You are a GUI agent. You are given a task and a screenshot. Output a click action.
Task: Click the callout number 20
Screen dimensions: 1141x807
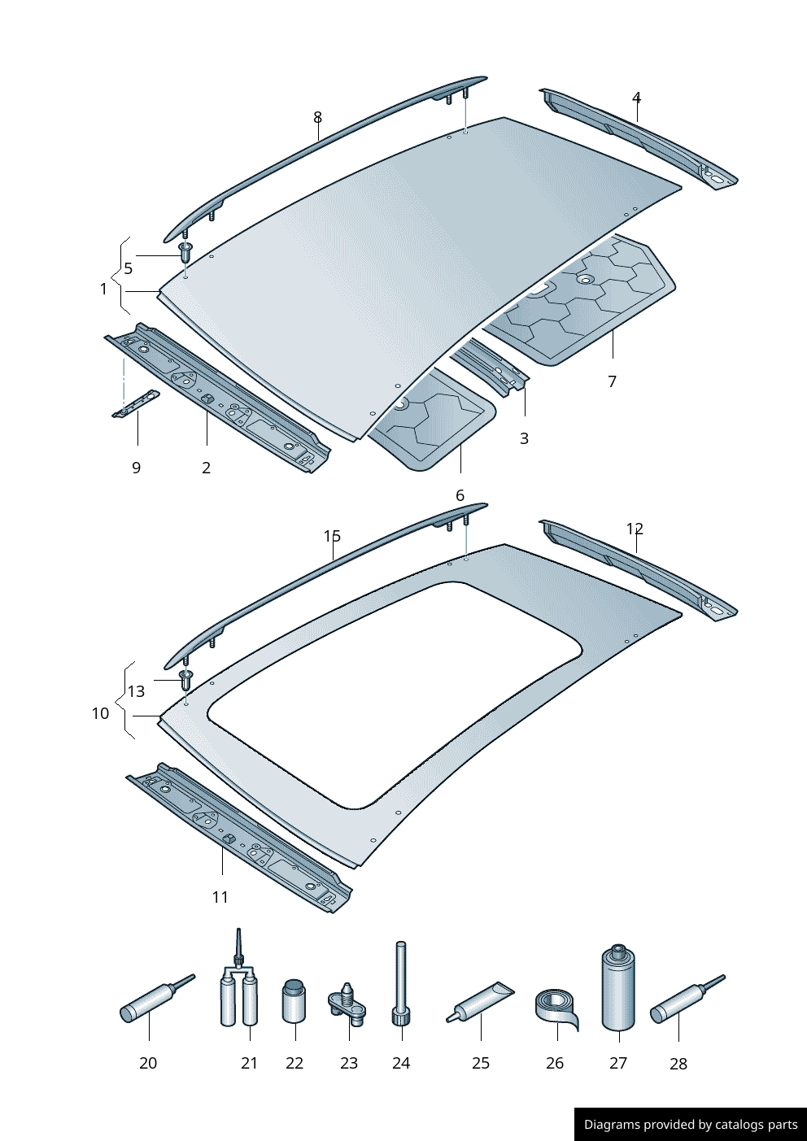pyautogui.click(x=148, y=1063)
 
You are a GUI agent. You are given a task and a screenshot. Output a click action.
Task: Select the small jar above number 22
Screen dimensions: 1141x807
pyautogui.click(x=294, y=1001)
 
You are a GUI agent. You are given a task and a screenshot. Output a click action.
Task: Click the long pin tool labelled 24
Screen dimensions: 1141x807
pyautogui.click(x=401, y=984)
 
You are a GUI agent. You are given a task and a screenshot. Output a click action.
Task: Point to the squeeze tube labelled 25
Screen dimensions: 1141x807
pyautogui.click(x=481, y=1002)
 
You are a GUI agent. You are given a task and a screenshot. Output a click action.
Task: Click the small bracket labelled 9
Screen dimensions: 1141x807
pyautogui.click(x=136, y=403)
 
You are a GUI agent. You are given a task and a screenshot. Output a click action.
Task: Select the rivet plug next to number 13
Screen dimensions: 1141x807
pyautogui.click(x=185, y=677)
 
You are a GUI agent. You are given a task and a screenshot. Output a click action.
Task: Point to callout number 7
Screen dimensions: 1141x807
pyautogui.click(x=613, y=381)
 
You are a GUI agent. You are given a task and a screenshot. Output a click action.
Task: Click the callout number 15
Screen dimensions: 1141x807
pyautogui.click(x=332, y=536)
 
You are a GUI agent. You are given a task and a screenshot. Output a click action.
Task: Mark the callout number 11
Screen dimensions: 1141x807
pyautogui.click(x=220, y=897)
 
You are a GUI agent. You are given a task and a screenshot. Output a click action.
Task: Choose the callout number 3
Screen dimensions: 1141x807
pyautogui.click(x=524, y=438)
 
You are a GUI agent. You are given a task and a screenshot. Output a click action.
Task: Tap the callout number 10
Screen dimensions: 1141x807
pyautogui.click(x=100, y=713)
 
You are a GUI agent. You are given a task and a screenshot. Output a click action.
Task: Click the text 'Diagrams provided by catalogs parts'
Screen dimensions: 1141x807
pyautogui.click(x=691, y=1125)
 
